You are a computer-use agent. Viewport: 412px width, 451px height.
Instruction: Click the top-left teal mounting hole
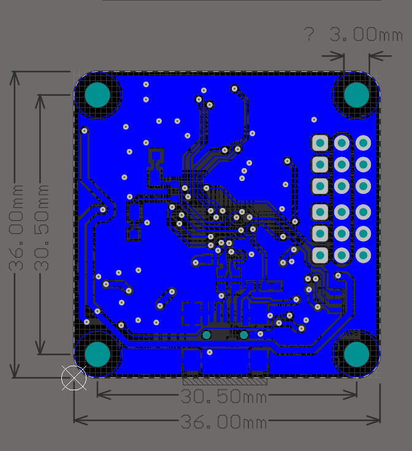[97, 94]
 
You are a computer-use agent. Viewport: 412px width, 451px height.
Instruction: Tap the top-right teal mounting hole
[356, 94]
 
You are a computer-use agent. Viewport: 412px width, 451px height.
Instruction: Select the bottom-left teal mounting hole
[97, 354]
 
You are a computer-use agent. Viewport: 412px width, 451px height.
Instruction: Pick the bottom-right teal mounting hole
[356, 354]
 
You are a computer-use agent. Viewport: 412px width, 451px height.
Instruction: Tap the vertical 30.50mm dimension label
[42, 227]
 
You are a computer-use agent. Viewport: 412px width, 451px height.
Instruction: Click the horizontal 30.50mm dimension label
[224, 397]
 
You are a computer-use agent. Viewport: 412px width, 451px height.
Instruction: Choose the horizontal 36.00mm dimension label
[224, 422]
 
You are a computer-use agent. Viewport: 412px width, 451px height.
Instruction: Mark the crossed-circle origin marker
[74, 377]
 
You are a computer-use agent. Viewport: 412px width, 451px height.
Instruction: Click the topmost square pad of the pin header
[319, 143]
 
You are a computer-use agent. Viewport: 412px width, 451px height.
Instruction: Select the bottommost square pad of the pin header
[319, 255]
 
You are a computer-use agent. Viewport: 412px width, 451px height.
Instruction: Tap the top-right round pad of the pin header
[363, 143]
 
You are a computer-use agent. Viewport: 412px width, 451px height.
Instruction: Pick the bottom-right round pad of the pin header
[363, 255]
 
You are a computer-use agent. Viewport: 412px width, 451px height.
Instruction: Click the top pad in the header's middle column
[341, 143]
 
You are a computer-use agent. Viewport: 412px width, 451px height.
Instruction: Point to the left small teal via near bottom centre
[207, 334]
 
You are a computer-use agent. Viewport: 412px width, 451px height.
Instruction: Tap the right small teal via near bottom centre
[244, 334]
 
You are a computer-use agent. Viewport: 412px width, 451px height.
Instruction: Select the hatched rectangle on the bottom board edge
[225, 381]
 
